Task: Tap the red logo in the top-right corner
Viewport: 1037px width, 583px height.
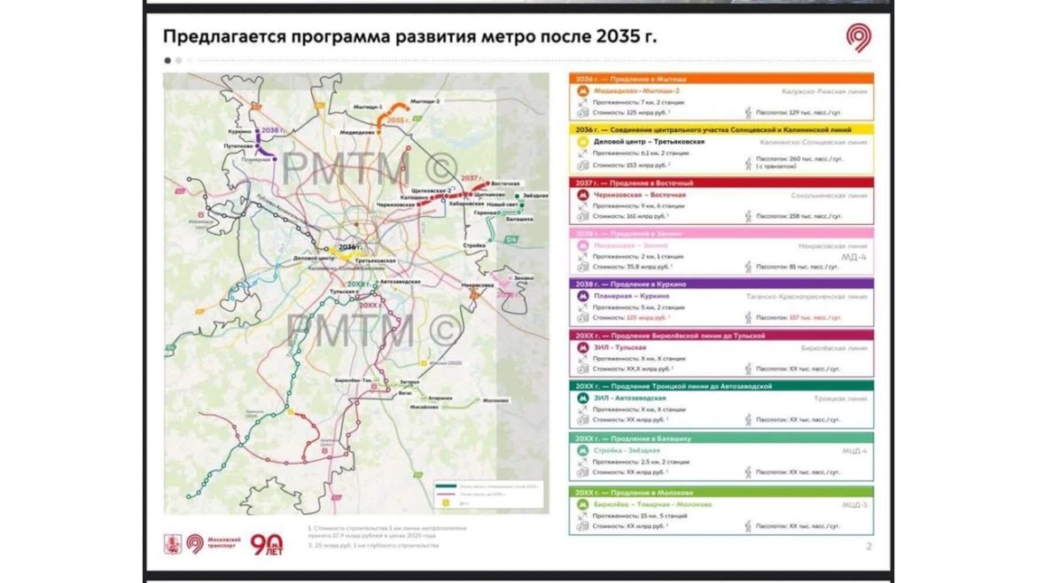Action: pyautogui.click(x=858, y=37)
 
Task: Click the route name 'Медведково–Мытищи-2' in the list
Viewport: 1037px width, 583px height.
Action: pyautogui.click(x=636, y=91)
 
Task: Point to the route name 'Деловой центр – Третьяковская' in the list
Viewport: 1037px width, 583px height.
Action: pyautogui.click(x=649, y=141)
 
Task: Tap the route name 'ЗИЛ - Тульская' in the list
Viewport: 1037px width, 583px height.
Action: pyautogui.click(x=620, y=348)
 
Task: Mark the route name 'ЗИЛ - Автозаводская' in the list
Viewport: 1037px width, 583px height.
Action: pyautogui.click(x=629, y=399)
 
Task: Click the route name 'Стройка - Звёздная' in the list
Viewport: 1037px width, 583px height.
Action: pyautogui.click(x=627, y=450)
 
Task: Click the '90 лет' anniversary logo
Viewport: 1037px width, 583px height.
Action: pyautogui.click(x=266, y=544)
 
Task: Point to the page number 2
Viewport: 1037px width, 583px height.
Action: pyautogui.click(x=869, y=546)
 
